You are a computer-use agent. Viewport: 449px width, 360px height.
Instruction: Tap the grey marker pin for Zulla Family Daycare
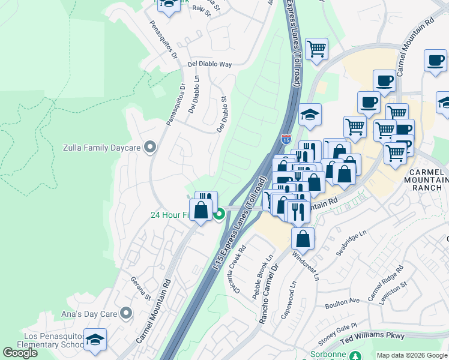pos(150,146)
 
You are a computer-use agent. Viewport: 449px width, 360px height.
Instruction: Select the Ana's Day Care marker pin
pos(126,313)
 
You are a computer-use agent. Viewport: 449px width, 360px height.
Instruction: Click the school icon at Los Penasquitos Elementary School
pos(95,339)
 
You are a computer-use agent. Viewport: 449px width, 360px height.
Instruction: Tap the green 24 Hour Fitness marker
pos(220,214)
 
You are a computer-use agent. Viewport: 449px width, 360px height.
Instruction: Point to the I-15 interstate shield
pos(286,139)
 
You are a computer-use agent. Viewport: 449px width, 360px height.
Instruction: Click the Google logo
pos(20,353)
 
